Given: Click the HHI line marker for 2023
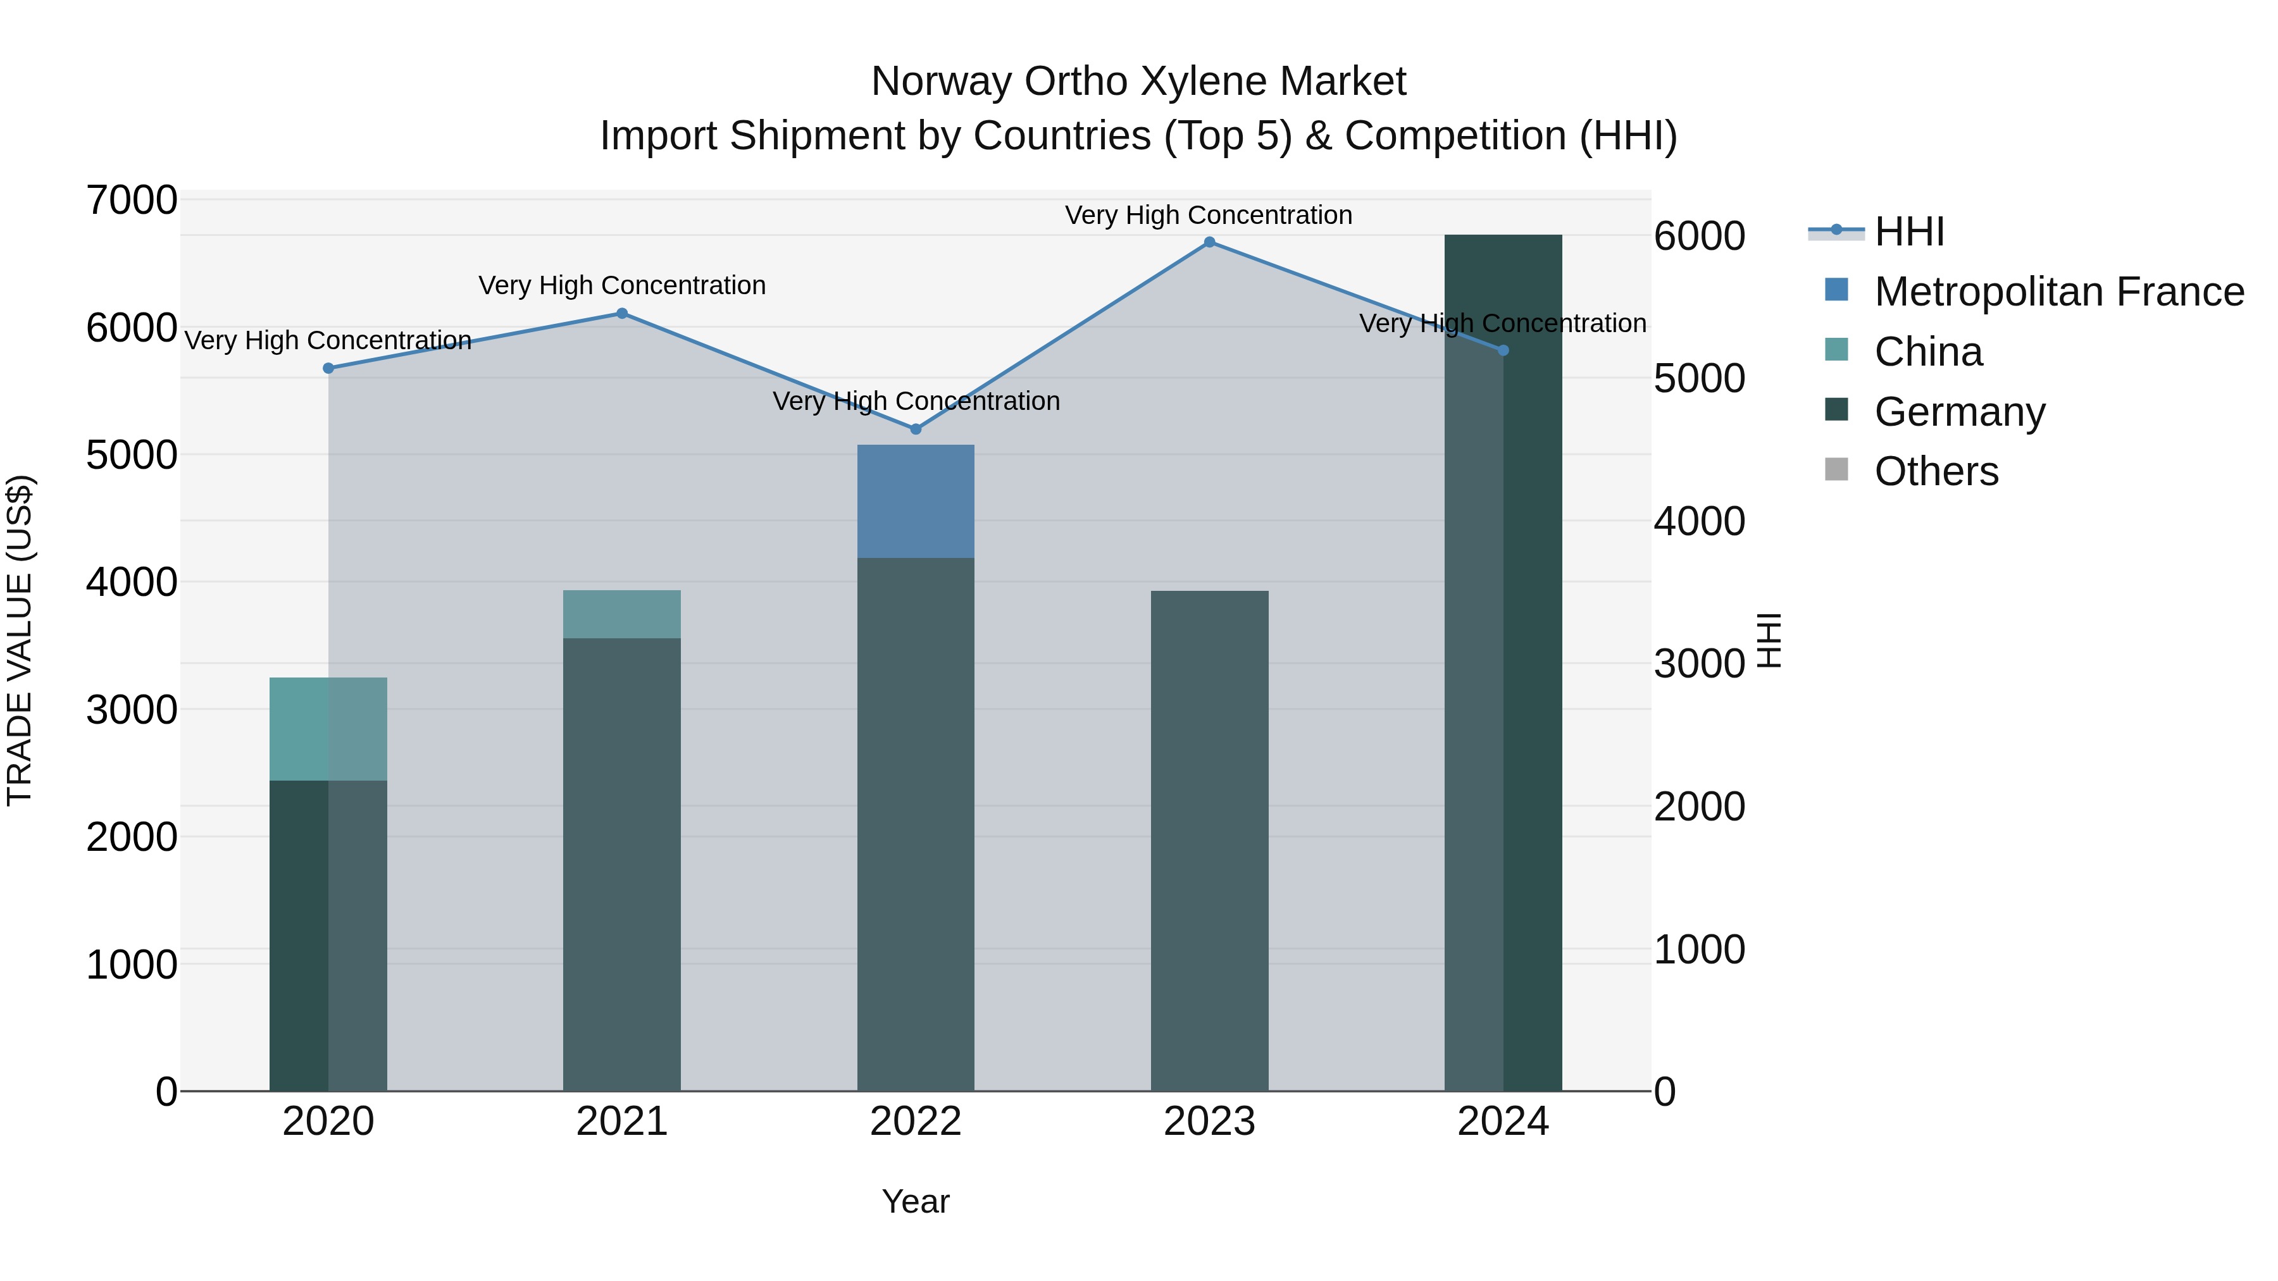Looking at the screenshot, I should tap(1209, 242).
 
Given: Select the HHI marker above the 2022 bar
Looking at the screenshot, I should tap(915, 429).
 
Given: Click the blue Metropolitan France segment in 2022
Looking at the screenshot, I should tap(915, 501).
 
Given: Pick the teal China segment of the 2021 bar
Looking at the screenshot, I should tap(621, 614).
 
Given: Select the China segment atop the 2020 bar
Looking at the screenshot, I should tap(328, 729).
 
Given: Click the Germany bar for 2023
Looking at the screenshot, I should tap(1209, 840).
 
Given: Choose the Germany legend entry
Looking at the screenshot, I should tap(1958, 412).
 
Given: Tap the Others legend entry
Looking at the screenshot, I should tap(1936, 471).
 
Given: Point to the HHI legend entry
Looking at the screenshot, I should tap(1908, 232).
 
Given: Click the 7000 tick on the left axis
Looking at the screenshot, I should tap(132, 201).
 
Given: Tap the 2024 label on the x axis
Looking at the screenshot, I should tap(1502, 1122).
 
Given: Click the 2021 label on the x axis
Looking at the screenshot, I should tap(621, 1122).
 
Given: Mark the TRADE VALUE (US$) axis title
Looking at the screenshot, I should tap(20, 640).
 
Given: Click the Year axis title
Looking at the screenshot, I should tap(915, 1201).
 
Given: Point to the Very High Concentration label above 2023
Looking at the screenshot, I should tap(1208, 216).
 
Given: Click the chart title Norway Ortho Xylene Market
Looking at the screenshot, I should tap(1138, 82).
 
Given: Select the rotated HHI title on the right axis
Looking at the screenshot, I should tap(1768, 640).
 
